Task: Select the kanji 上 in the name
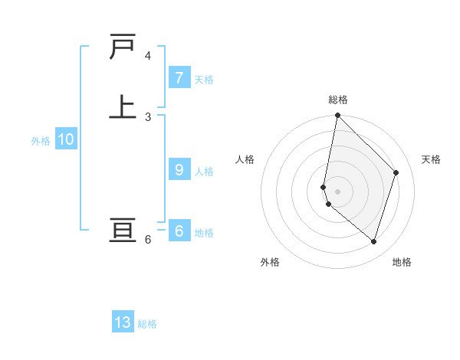(123, 106)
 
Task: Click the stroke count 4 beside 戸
(148, 56)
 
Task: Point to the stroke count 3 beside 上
(148, 116)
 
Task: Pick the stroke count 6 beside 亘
(148, 240)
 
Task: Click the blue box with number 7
(179, 78)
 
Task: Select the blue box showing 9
(179, 170)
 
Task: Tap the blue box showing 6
(179, 231)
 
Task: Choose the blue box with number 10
(66, 139)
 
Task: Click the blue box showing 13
(123, 322)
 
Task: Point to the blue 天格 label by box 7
(204, 80)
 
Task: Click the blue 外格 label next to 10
(41, 141)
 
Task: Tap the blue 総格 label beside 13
(147, 324)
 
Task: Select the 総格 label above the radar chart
(338, 100)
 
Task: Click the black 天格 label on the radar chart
(431, 159)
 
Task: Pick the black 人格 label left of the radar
(245, 159)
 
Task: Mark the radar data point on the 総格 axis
(337, 116)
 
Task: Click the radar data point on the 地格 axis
(373, 241)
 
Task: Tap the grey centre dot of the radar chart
(337, 191)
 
